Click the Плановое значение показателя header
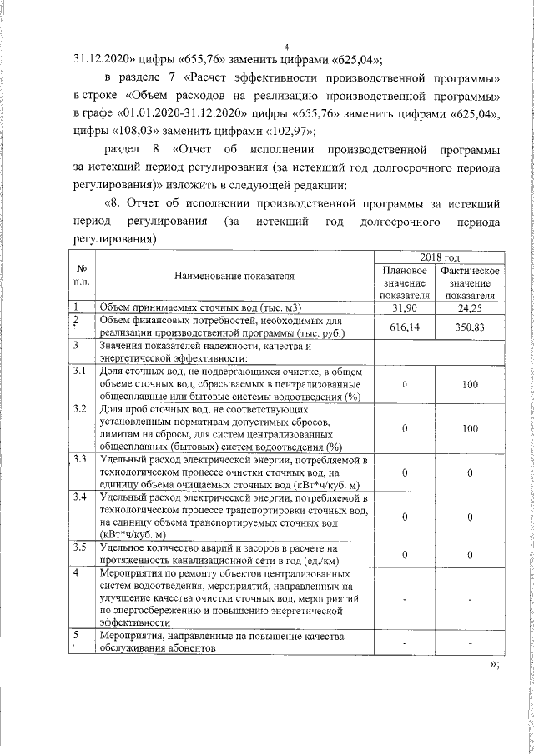[404, 282]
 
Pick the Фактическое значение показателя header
[471, 282]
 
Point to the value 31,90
[404, 308]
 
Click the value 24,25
[471, 308]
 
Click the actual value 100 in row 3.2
[471, 428]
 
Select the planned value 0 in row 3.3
[404, 473]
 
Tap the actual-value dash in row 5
[471, 643]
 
